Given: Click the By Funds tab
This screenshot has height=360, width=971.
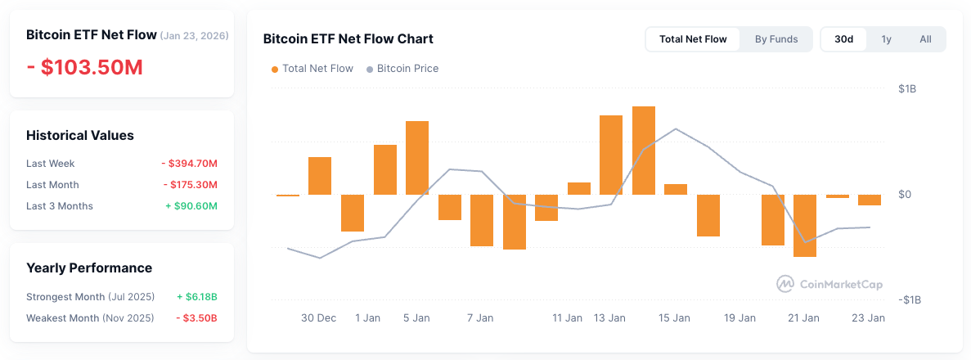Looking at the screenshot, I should click(x=775, y=39).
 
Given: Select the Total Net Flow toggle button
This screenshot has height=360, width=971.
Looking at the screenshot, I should click(x=693, y=39).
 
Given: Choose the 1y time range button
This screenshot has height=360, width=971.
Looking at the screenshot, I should click(x=886, y=39).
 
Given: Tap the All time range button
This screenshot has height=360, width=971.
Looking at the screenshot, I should click(x=925, y=39).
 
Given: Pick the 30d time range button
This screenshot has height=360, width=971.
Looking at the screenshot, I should click(x=843, y=39).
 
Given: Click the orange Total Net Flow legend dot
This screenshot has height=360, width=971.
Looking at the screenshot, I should click(x=275, y=70).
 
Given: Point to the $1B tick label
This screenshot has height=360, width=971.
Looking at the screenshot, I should click(x=906, y=88).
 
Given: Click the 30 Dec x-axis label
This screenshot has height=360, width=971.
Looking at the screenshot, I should click(x=318, y=318).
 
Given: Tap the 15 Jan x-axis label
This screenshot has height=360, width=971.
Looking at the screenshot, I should click(x=675, y=318).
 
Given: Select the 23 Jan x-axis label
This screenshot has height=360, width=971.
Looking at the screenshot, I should click(x=869, y=318).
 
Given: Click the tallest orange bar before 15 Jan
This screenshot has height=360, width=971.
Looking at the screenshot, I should click(x=643, y=151).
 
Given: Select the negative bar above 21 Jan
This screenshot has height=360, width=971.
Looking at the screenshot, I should click(x=805, y=226).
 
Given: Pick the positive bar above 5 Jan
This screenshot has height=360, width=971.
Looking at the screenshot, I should click(x=417, y=158).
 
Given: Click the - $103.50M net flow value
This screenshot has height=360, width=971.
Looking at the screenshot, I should click(x=84, y=67).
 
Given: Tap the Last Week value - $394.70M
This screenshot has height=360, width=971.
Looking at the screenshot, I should click(x=189, y=164).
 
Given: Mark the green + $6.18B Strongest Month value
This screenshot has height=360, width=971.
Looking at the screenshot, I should click(x=197, y=296).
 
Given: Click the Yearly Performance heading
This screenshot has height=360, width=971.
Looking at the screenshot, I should click(x=89, y=268).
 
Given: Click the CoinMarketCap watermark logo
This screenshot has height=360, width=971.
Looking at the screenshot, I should click(x=829, y=284).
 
